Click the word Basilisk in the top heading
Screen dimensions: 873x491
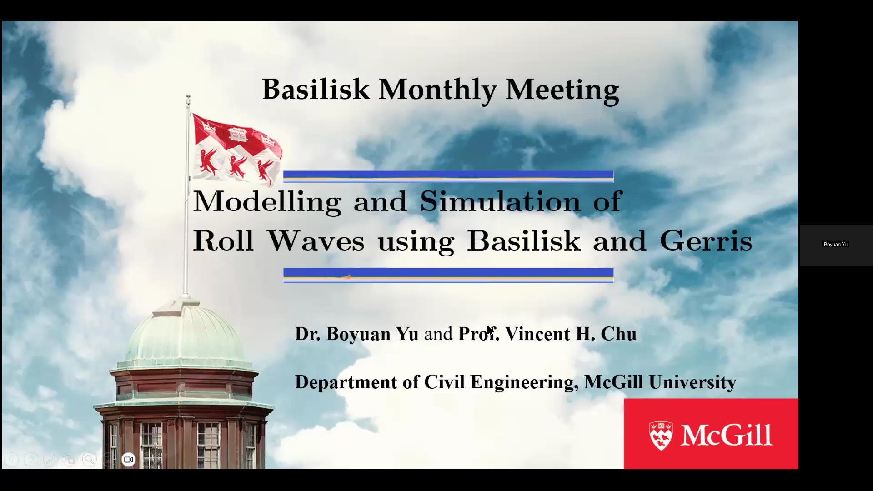pyautogui.click(x=316, y=89)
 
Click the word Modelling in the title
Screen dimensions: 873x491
pyautogui.click(x=267, y=201)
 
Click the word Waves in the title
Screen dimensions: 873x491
pyautogui.click(x=316, y=240)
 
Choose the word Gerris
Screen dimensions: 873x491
pyautogui.click(x=706, y=240)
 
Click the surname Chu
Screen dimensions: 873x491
pyautogui.click(x=619, y=334)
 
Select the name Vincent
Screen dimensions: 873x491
pyautogui.click(x=537, y=334)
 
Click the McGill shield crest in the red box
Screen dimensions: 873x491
pyautogui.click(x=661, y=436)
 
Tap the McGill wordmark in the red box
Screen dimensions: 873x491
pyautogui.click(x=726, y=435)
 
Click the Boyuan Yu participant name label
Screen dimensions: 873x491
pyautogui.click(x=836, y=245)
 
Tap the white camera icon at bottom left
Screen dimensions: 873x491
pyautogui.click(x=129, y=460)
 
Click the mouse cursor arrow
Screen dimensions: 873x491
pyautogui.click(x=490, y=331)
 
